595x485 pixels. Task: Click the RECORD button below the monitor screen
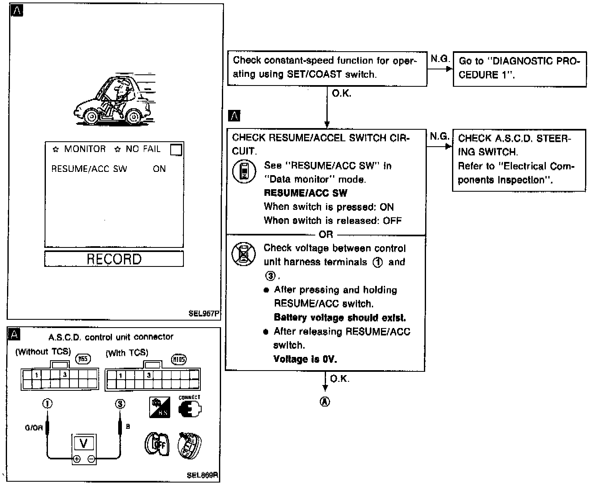click(x=114, y=259)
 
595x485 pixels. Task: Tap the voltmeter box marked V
click(x=84, y=444)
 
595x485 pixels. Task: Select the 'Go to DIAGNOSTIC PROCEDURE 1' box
click(x=519, y=69)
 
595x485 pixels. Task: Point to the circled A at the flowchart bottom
click(x=325, y=402)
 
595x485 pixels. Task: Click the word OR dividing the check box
click(x=326, y=235)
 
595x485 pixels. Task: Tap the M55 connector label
click(x=83, y=359)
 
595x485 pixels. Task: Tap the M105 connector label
click(x=179, y=359)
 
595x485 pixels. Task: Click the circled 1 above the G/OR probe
click(x=48, y=404)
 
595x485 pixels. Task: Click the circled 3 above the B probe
click(x=120, y=404)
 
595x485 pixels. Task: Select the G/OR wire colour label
click(x=33, y=428)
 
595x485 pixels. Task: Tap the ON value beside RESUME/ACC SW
click(x=159, y=169)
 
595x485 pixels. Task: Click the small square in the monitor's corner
click(x=176, y=150)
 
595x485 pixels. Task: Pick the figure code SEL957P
click(x=203, y=313)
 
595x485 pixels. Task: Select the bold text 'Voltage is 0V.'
click(x=305, y=359)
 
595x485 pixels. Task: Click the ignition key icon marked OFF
click(x=157, y=444)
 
